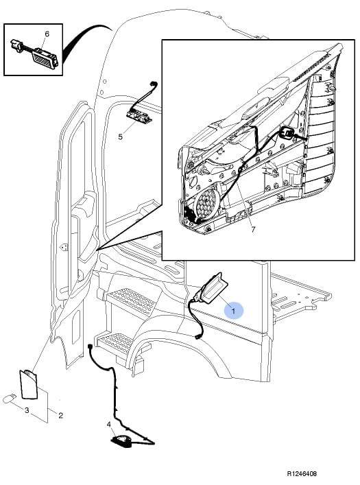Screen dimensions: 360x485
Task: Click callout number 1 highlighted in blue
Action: pos(234,310)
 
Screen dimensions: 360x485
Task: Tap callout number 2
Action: pos(60,415)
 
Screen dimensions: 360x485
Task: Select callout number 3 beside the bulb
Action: pos(27,410)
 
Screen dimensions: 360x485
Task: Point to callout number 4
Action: pos(109,425)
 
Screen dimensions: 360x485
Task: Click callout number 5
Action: pos(120,137)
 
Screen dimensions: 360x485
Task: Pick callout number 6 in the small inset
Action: pos(47,34)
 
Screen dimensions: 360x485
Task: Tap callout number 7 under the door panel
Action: pos(253,230)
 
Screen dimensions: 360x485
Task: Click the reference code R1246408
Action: pos(302,473)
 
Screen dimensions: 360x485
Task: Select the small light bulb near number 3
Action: pos(9,399)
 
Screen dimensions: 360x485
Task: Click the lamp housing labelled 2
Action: pos(28,384)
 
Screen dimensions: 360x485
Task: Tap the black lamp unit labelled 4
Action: pos(121,440)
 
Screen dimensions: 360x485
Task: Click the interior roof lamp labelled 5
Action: pos(139,116)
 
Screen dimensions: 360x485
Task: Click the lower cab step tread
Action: pos(115,346)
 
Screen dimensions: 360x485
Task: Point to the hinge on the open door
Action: pos(64,247)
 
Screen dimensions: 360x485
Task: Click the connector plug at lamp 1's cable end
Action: pos(199,335)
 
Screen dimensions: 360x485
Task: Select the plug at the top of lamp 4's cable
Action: pos(90,347)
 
